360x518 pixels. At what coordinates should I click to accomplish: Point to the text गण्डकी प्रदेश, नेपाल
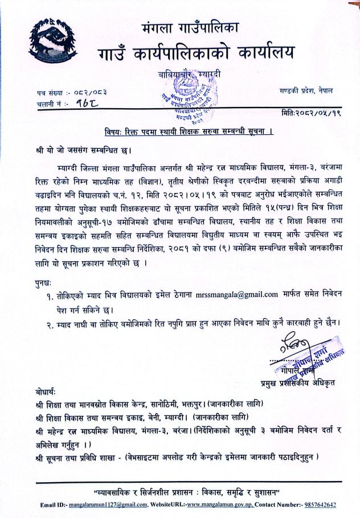point(307,92)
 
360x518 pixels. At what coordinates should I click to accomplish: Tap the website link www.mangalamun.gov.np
point(221,504)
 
